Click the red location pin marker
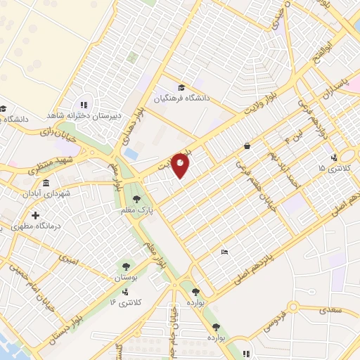click(x=181, y=165)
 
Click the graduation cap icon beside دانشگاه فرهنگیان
click(x=181, y=87)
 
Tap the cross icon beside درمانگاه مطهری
click(x=34, y=214)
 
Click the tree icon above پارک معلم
click(x=147, y=199)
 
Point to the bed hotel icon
click(x=224, y=252)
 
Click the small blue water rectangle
click(x=131, y=153)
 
